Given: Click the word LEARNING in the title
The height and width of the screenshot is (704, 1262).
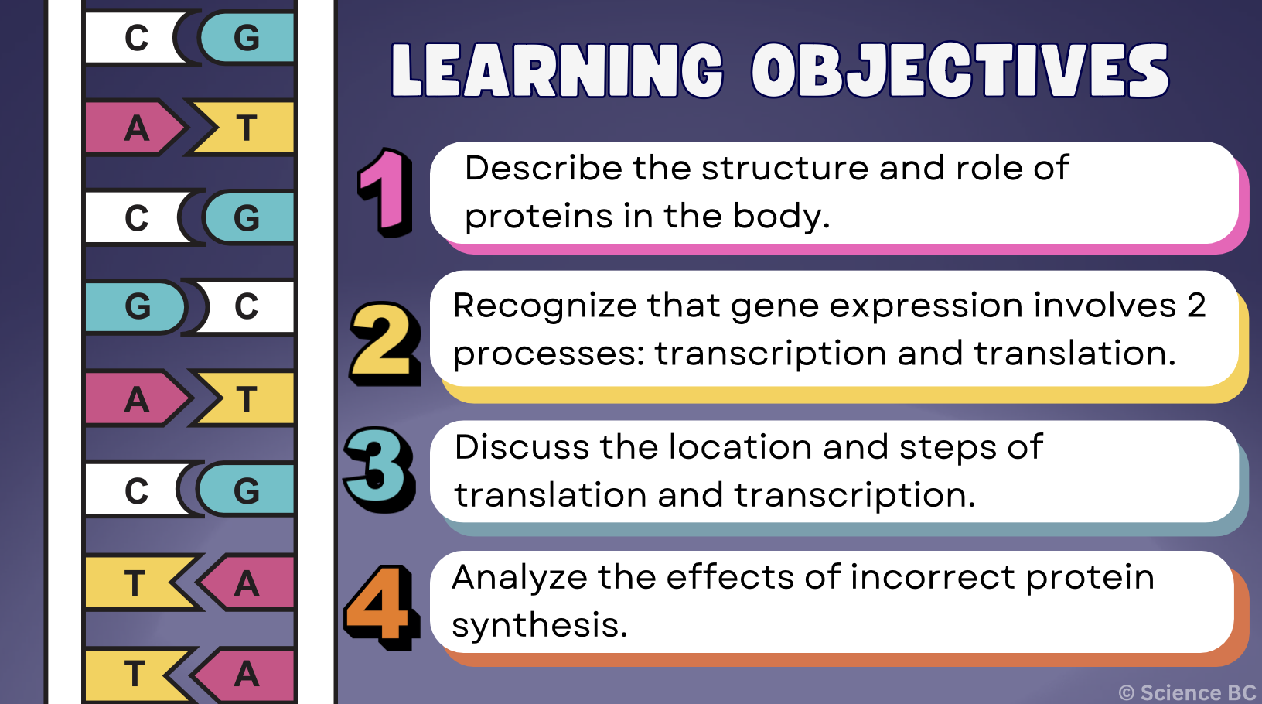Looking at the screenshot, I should click(x=557, y=71).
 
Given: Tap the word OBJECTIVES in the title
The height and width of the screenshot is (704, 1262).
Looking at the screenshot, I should click(x=959, y=71).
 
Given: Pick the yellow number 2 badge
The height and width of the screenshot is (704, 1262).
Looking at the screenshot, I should click(x=384, y=343).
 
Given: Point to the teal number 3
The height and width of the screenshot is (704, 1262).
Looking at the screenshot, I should click(x=379, y=469).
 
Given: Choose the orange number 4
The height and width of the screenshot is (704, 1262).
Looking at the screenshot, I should click(x=380, y=607).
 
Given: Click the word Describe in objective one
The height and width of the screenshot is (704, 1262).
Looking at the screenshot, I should click(x=543, y=168).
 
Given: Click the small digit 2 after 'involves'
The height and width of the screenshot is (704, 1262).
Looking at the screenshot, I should click(x=1196, y=306).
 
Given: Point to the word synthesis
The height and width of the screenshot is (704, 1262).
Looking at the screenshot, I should click(x=539, y=625).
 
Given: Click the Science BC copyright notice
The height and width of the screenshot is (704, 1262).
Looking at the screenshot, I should click(x=1187, y=692).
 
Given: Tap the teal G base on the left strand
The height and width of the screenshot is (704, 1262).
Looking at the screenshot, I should click(x=135, y=307).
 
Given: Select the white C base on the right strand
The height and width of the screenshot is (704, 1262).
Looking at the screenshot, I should click(x=246, y=307).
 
